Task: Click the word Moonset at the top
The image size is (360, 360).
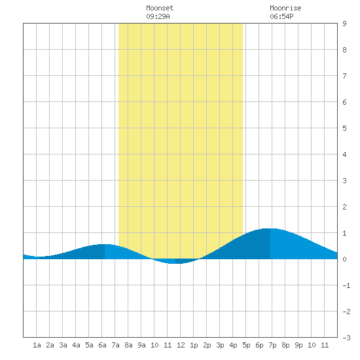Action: point(160,8)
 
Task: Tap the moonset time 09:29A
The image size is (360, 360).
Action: point(158,16)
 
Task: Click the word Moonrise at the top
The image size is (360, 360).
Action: point(285,8)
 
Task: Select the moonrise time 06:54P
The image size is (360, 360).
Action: point(281,16)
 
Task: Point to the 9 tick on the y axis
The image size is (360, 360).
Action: point(344,24)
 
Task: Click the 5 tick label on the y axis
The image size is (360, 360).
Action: point(344,128)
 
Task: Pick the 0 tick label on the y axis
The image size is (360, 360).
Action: point(344,259)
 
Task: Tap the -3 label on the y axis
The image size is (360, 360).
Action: point(346,338)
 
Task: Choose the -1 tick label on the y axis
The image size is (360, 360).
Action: point(346,285)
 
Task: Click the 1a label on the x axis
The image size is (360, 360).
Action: point(37,345)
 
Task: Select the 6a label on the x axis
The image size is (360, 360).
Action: point(102,345)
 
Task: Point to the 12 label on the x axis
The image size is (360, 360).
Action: point(181,345)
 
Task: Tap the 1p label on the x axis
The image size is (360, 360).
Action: point(194,345)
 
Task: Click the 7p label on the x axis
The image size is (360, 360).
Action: point(272,345)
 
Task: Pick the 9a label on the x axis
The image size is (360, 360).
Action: point(141,345)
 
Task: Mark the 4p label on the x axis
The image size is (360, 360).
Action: point(233,345)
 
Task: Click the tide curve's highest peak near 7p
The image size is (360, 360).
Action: point(270,228)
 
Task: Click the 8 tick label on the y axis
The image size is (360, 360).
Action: point(344,50)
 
